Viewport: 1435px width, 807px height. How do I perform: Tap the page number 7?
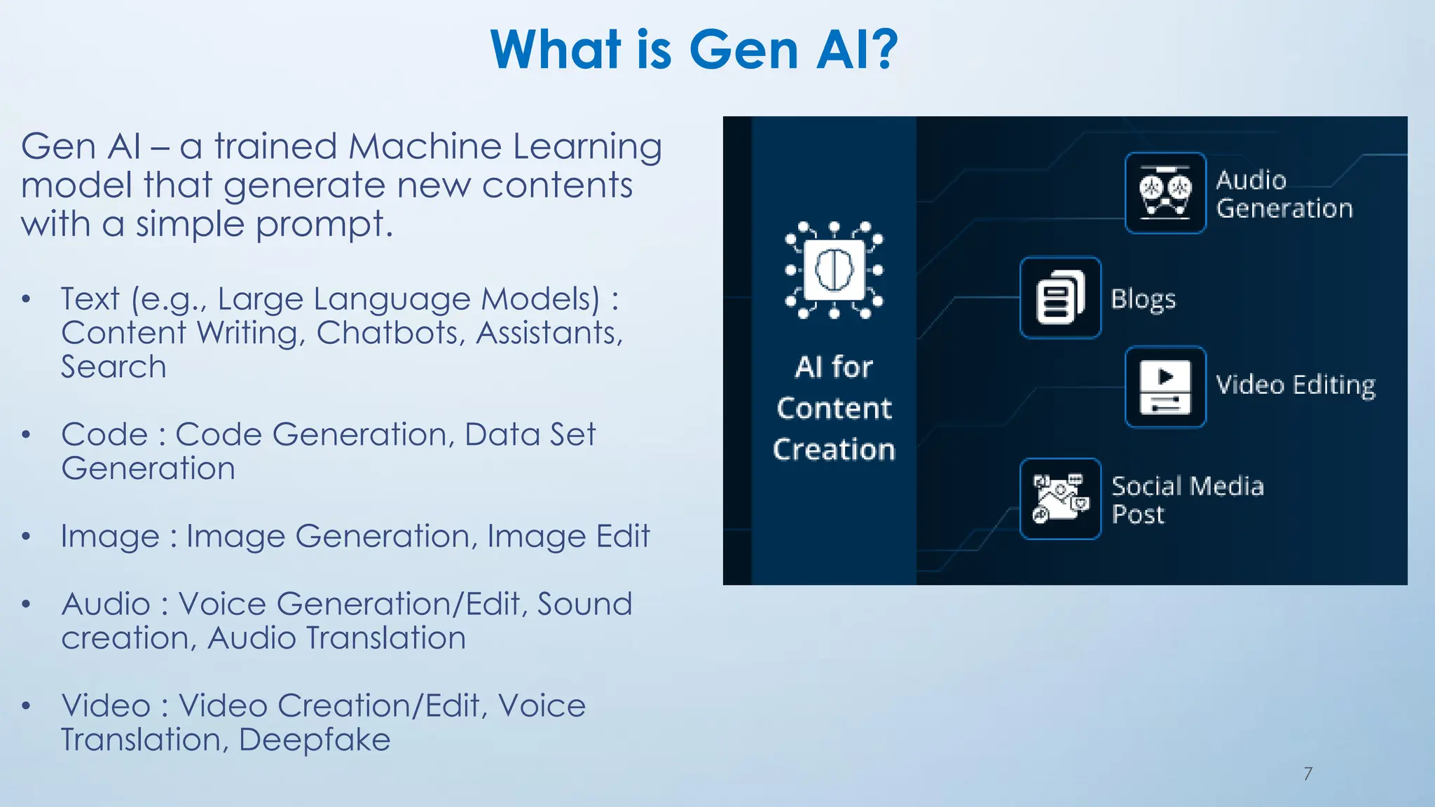point(1307,773)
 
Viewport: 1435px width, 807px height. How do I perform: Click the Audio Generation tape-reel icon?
point(1165,193)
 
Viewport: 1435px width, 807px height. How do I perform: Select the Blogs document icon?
point(1060,298)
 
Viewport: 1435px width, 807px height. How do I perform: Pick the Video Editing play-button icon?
point(1165,387)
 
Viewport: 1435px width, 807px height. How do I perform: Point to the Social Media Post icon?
point(1060,499)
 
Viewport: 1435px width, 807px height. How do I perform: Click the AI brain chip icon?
point(834,270)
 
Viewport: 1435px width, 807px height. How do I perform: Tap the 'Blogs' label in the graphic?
point(1143,299)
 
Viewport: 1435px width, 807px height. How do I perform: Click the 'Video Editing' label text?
point(1295,385)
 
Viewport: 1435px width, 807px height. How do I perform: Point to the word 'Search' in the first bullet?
point(114,367)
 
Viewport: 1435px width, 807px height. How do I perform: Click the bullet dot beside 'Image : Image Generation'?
point(27,537)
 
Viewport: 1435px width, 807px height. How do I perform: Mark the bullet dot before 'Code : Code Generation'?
point(27,435)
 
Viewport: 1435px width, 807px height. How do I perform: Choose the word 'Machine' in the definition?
point(425,147)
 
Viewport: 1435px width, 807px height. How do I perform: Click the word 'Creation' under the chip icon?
point(834,449)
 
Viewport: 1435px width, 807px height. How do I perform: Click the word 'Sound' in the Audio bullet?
point(584,604)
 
